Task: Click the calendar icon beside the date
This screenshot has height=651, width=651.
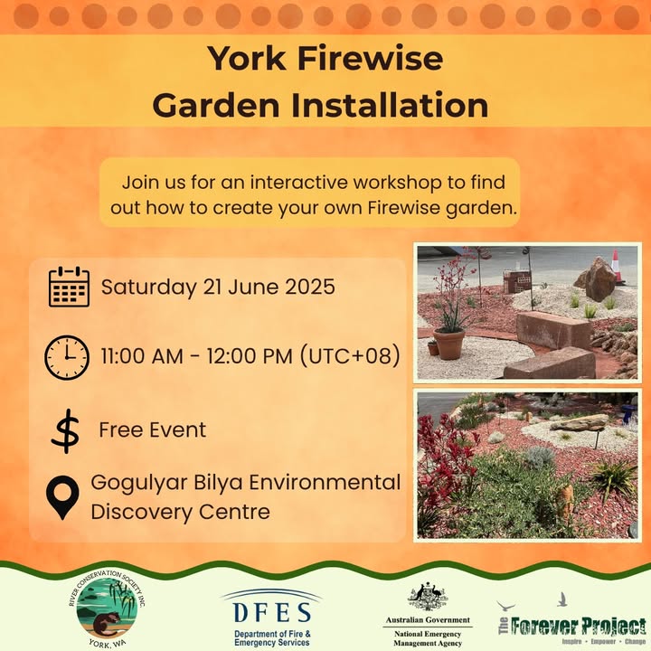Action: [69, 287]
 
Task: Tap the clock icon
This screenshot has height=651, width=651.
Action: [66, 356]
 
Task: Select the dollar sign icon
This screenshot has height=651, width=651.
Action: [64, 430]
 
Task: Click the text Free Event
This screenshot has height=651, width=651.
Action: [152, 429]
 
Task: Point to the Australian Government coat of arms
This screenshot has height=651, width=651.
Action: [426, 597]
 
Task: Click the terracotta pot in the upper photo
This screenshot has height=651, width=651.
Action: [448, 343]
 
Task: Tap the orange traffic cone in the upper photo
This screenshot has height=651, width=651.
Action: [618, 267]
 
